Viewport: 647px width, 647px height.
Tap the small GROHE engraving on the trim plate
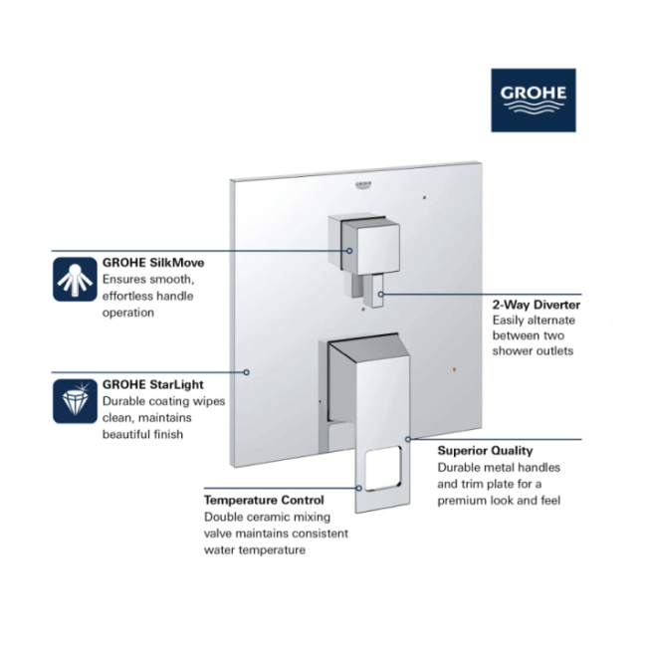pos(363,185)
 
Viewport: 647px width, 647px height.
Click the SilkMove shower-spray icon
pos(75,280)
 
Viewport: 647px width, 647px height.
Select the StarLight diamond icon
pos(75,401)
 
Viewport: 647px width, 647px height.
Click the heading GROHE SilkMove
pos(153,263)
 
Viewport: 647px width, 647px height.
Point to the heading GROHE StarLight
pos(152,384)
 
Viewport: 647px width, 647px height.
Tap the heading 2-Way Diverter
pos(536,305)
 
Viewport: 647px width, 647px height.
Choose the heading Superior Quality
pos(485,451)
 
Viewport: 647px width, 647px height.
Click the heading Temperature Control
pos(264,500)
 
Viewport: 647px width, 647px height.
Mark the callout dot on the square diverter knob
pos(349,251)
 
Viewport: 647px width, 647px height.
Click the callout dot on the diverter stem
pos(381,295)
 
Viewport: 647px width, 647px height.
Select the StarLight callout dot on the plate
pos(246,372)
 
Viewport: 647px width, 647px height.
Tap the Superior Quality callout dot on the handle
pos(408,439)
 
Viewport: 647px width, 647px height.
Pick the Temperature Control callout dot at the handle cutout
pos(359,488)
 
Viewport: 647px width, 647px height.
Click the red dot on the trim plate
pos(454,369)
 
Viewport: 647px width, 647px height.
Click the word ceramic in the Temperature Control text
pos(267,517)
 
